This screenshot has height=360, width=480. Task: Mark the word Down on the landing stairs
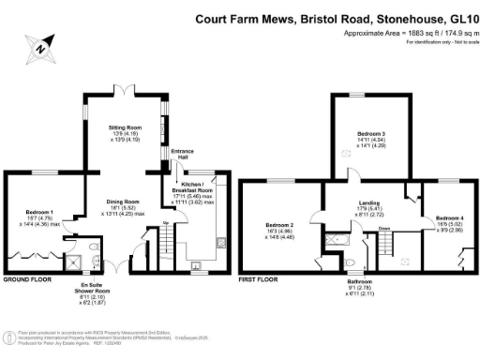click(384, 229)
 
